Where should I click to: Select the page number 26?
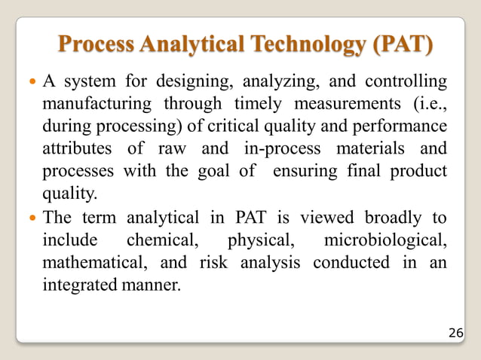[456, 331]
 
